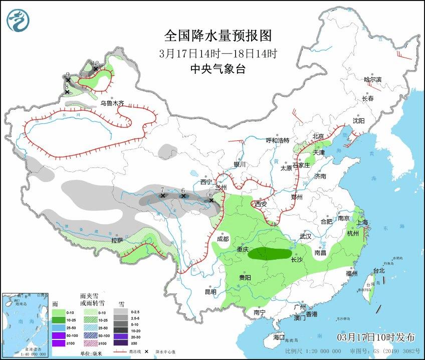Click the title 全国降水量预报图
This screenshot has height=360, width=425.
point(218,36)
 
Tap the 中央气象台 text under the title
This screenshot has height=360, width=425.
point(218,69)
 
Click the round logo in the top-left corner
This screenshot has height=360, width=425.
point(18,20)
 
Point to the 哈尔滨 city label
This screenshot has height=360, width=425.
point(372,80)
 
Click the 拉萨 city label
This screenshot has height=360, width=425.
point(117,241)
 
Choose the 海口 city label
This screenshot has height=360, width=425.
point(279,337)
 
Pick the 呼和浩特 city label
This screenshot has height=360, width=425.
point(277,140)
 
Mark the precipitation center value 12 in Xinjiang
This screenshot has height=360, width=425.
point(96,63)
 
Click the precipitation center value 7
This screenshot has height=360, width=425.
point(162,190)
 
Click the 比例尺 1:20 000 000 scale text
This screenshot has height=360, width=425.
point(313,351)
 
